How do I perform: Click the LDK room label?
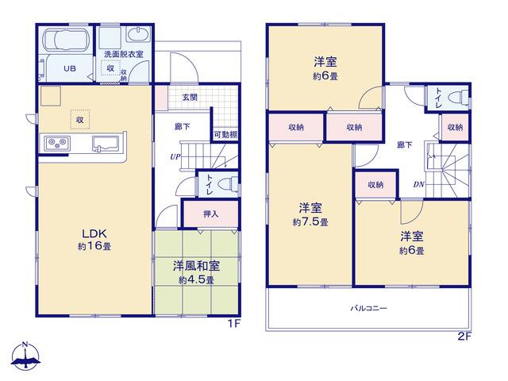pyautogui.click(x=94, y=233)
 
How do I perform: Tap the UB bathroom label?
pyautogui.click(x=70, y=68)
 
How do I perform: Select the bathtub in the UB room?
pyautogui.click(x=65, y=40)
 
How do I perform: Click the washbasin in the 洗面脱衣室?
pyautogui.click(x=138, y=34)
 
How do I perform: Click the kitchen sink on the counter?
pyautogui.click(x=106, y=143)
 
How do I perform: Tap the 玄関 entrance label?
pyautogui.click(x=190, y=97)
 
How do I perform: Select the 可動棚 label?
pyautogui.click(x=225, y=134)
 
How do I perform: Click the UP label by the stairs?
pyautogui.click(x=175, y=157)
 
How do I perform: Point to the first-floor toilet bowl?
pyautogui.click(x=228, y=184)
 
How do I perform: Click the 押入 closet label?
pyautogui.click(x=211, y=214)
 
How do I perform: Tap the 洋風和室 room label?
pyautogui.click(x=196, y=266)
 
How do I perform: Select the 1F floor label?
pyautogui.click(x=233, y=323)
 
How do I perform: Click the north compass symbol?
pyautogui.click(x=25, y=355)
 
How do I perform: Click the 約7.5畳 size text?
pyautogui.click(x=310, y=222)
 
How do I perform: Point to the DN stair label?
pyautogui.click(x=418, y=185)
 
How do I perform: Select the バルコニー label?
pyautogui.click(x=368, y=308)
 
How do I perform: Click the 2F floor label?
pyautogui.click(x=464, y=337)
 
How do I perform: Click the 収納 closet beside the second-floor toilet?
pyautogui.click(x=455, y=127)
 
